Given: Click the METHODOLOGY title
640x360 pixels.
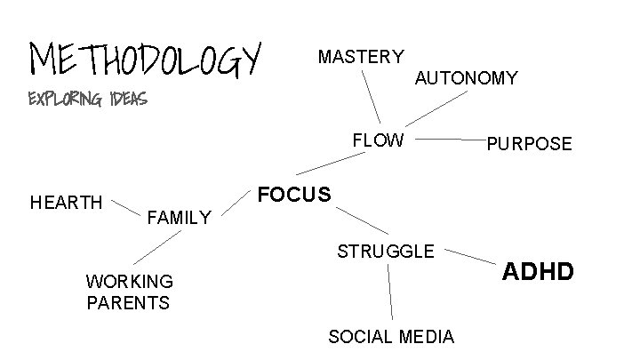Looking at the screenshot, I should click(x=147, y=59).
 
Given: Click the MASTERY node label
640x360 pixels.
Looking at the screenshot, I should click(x=360, y=58).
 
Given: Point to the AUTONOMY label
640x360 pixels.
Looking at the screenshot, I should click(x=466, y=79).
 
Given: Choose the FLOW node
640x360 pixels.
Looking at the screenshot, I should click(x=378, y=140).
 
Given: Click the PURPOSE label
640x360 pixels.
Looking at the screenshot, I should click(x=529, y=144).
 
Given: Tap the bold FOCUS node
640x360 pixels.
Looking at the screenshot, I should click(x=293, y=195).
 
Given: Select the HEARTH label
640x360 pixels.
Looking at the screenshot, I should click(x=67, y=203).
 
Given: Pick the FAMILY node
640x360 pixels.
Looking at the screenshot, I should click(x=179, y=217).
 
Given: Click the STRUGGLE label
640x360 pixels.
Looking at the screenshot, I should click(x=386, y=252).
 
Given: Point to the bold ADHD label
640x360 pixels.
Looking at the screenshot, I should click(x=540, y=269).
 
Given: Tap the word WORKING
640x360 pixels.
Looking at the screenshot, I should click(x=130, y=282).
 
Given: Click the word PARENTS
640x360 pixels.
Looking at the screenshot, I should click(x=128, y=303).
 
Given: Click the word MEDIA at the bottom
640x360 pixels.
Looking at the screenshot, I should click(x=427, y=337).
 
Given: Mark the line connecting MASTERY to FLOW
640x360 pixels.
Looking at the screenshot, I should click(x=372, y=97).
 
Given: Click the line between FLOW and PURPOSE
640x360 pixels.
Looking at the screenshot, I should click(x=449, y=140).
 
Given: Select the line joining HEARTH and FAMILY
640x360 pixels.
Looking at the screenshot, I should click(x=125, y=208).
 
